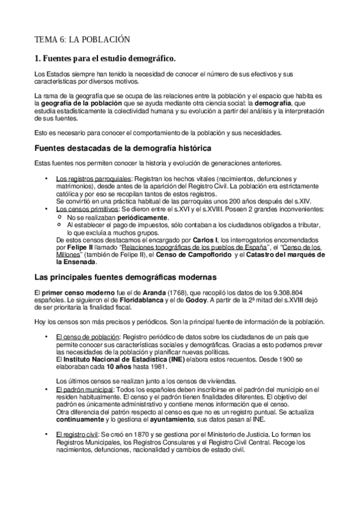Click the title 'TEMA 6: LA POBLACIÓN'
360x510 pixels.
(81, 40)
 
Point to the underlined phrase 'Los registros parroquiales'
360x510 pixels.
(93, 179)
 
